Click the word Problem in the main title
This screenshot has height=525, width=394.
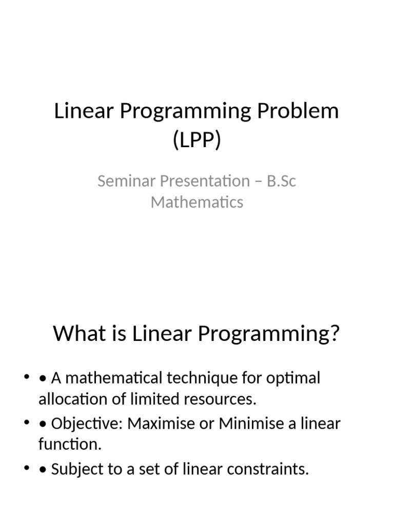(298, 111)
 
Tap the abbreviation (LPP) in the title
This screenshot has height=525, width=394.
(197, 139)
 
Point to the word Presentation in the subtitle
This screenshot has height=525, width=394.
(205, 181)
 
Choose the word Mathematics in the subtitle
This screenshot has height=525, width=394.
(197, 202)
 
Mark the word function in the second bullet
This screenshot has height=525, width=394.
(70, 445)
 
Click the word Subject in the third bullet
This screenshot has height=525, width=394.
(77, 470)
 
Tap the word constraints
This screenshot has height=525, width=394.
(268, 469)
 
